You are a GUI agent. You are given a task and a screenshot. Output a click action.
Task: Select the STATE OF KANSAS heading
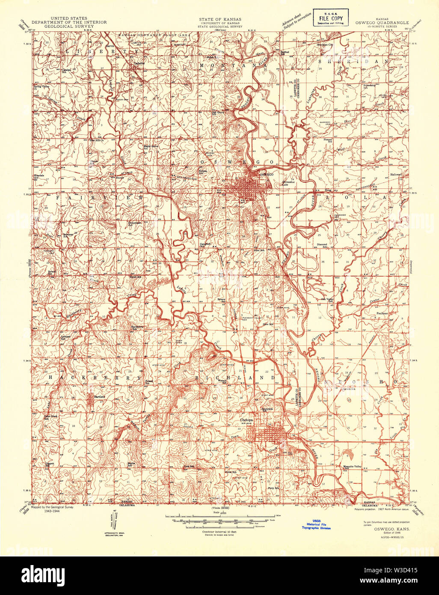219,19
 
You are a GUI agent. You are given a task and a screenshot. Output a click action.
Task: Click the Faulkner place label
382,313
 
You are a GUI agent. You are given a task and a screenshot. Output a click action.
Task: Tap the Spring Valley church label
42,87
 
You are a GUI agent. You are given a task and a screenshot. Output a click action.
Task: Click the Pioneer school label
328,140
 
